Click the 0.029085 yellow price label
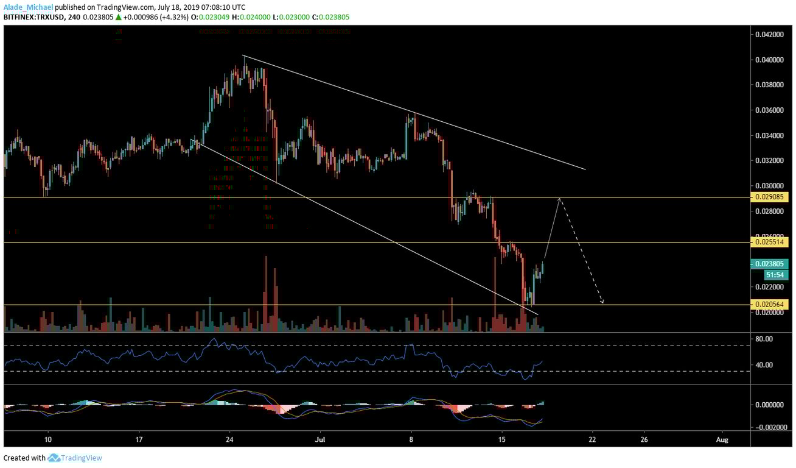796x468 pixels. click(x=772, y=197)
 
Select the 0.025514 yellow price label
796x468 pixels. click(x=772, y=242)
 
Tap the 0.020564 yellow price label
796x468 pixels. click(x=772, y=304)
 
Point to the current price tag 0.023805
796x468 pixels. click(x=772, y=264)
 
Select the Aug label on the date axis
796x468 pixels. click(x=722, y=439)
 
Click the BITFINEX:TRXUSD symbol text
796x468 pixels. click(x=33, y=18)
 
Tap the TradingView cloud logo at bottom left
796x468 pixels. click(x=54, y=458)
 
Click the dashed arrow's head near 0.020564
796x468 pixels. click(x=602, y=302)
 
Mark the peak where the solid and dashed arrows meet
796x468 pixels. click(x=560, y=198)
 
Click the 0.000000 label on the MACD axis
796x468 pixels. click(x=768, y=405)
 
